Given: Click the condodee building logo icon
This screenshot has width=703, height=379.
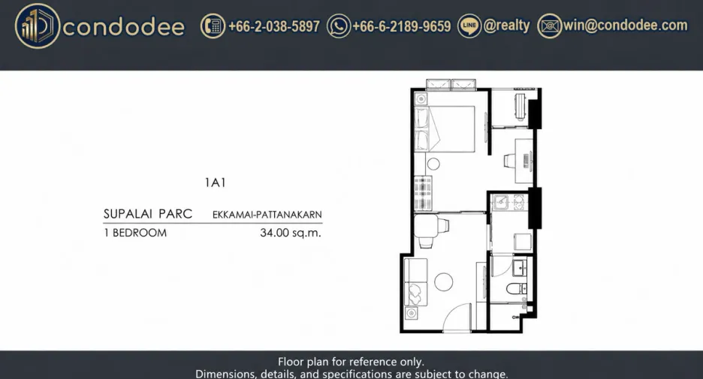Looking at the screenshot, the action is (x=38, y=26).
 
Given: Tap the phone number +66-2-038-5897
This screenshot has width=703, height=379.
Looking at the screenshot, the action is (x=274, y=26).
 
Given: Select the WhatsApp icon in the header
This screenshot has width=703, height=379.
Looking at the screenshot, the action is (x=339, y=26).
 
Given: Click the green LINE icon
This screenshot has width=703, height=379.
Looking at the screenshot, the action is (x=469, y=26).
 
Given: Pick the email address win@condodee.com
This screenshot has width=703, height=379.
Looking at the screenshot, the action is (x=625, y=26).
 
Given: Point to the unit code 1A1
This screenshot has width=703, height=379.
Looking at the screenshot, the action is (x=216, y=183).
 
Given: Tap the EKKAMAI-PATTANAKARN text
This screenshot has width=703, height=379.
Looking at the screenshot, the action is (x=267, y=215).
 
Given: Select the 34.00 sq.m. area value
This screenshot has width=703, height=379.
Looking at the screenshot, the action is (x=291, y=233).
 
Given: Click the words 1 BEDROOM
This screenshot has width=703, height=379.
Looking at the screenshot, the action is (x=135, y=233).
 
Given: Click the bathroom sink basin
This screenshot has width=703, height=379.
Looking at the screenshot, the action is (x=520, y=268).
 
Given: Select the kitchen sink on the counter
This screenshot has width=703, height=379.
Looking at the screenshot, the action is (x=500, y=202).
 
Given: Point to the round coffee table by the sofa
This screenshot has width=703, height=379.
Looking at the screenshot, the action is (x=443, y=281).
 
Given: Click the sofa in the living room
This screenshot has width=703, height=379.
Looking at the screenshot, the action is (x=415, y=281).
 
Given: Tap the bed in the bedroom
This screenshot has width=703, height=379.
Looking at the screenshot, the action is (x=445, y=128).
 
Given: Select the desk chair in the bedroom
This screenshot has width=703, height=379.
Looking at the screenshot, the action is (x=509, y=161).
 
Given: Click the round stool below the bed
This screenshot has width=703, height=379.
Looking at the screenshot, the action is (x=433, y=164).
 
